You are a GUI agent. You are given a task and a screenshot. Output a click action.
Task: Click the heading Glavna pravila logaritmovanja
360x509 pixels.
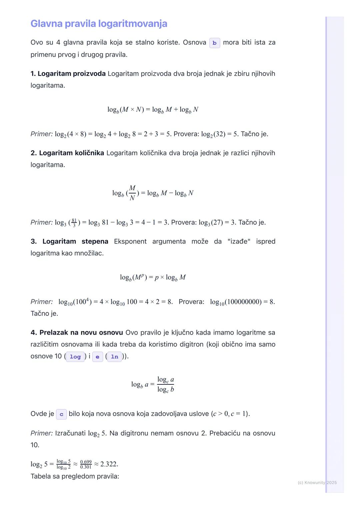point(99,24)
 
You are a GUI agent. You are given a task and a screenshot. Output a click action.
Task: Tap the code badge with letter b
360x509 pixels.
point(214,43)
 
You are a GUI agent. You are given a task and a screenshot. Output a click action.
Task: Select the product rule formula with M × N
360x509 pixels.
point(153,110)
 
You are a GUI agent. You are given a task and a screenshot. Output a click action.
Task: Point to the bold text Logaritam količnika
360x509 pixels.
point(71,153)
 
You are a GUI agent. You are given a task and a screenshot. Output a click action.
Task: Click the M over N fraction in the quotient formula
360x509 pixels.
point(132,193)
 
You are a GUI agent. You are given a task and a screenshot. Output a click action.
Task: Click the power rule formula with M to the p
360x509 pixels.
point(153,277)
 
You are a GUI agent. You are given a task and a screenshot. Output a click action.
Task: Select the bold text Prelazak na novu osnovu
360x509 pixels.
point(81,332)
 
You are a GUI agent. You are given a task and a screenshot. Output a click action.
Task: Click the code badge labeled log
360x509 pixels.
point(75,357)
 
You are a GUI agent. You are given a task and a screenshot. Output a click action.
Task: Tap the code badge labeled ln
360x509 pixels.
point(114,357)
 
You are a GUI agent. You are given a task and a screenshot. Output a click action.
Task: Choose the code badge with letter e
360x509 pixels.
point(97,357)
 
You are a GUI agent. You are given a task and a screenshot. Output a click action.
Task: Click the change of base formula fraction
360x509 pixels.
point(166,384)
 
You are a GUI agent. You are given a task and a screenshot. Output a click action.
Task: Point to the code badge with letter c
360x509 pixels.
point(61,414)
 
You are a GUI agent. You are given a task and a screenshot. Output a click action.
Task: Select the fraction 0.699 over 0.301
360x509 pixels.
point(86,464)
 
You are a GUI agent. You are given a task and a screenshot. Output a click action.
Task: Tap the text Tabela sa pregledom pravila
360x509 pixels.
point(75,476)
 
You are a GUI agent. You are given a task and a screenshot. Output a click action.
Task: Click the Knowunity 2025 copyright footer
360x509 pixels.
point(317,482)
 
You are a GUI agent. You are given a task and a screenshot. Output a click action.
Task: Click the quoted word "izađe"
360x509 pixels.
point(239,241)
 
